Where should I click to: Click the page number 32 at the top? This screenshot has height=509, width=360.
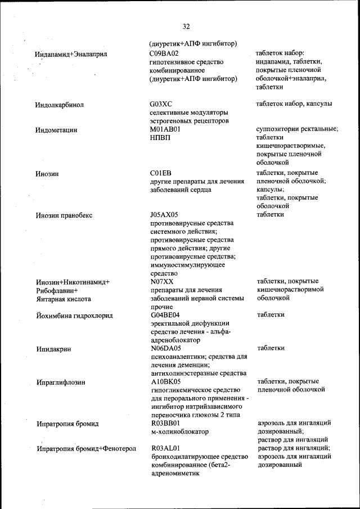tap(186, 26)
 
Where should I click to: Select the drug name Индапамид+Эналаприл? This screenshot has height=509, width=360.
tap(71, 54)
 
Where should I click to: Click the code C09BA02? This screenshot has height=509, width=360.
tap(165, 53)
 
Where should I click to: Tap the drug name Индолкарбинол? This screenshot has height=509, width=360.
tap(59, 105)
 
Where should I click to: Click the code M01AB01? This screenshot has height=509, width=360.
tap(165, 129)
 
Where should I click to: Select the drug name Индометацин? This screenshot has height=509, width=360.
tap(56, 130)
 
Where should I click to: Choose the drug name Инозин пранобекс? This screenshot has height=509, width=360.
tap(64, 215)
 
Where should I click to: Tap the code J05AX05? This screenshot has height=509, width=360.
tap(164, 214)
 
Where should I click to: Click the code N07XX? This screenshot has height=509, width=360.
tap(162, 281)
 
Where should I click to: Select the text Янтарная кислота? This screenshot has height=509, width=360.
tap(63, 299)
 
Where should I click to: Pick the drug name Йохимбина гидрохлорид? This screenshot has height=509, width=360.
tap(74, 316)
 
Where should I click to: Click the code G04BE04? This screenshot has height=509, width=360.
tap(165, 314)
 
